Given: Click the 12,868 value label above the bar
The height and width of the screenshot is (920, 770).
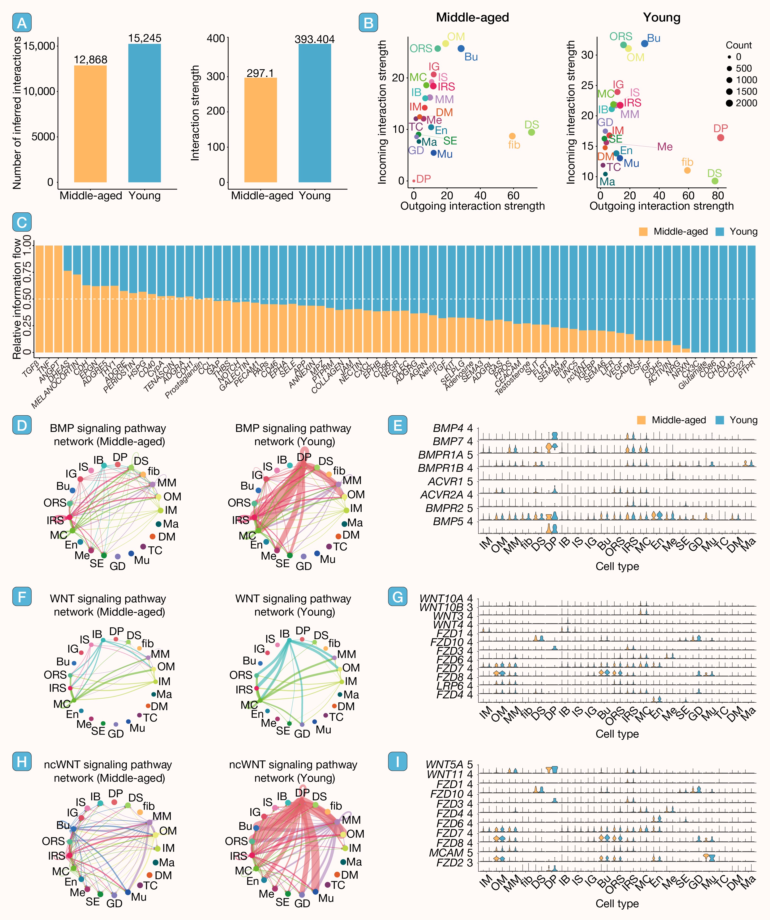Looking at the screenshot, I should [90, 59].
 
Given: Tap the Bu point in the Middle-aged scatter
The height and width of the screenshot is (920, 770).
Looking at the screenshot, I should [461, 49].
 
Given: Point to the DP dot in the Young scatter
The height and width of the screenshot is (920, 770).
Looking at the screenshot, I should [720, 138].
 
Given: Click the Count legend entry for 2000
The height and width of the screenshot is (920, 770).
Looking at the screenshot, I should [729, 103].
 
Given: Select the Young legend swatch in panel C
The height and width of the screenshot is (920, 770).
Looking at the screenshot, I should [720, 232].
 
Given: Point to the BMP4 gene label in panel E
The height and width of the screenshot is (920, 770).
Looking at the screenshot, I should [448, 428].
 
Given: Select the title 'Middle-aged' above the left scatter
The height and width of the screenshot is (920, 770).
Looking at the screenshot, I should [472, 17].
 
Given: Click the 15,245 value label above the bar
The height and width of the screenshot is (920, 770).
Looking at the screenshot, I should [145, 38].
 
